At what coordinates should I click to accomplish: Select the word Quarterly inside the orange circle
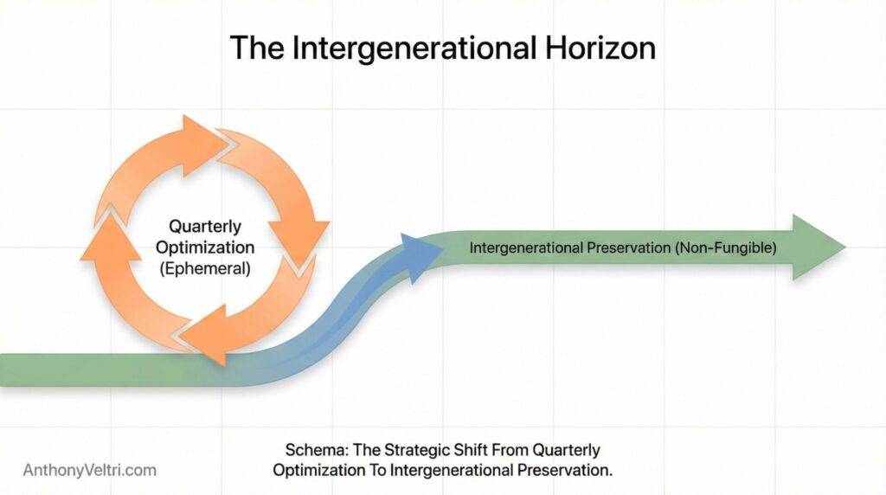(204, 227)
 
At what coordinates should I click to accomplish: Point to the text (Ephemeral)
(206, 268)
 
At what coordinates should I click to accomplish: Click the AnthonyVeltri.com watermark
(90, 470)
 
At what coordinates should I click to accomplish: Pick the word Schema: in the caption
(311, 451)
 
